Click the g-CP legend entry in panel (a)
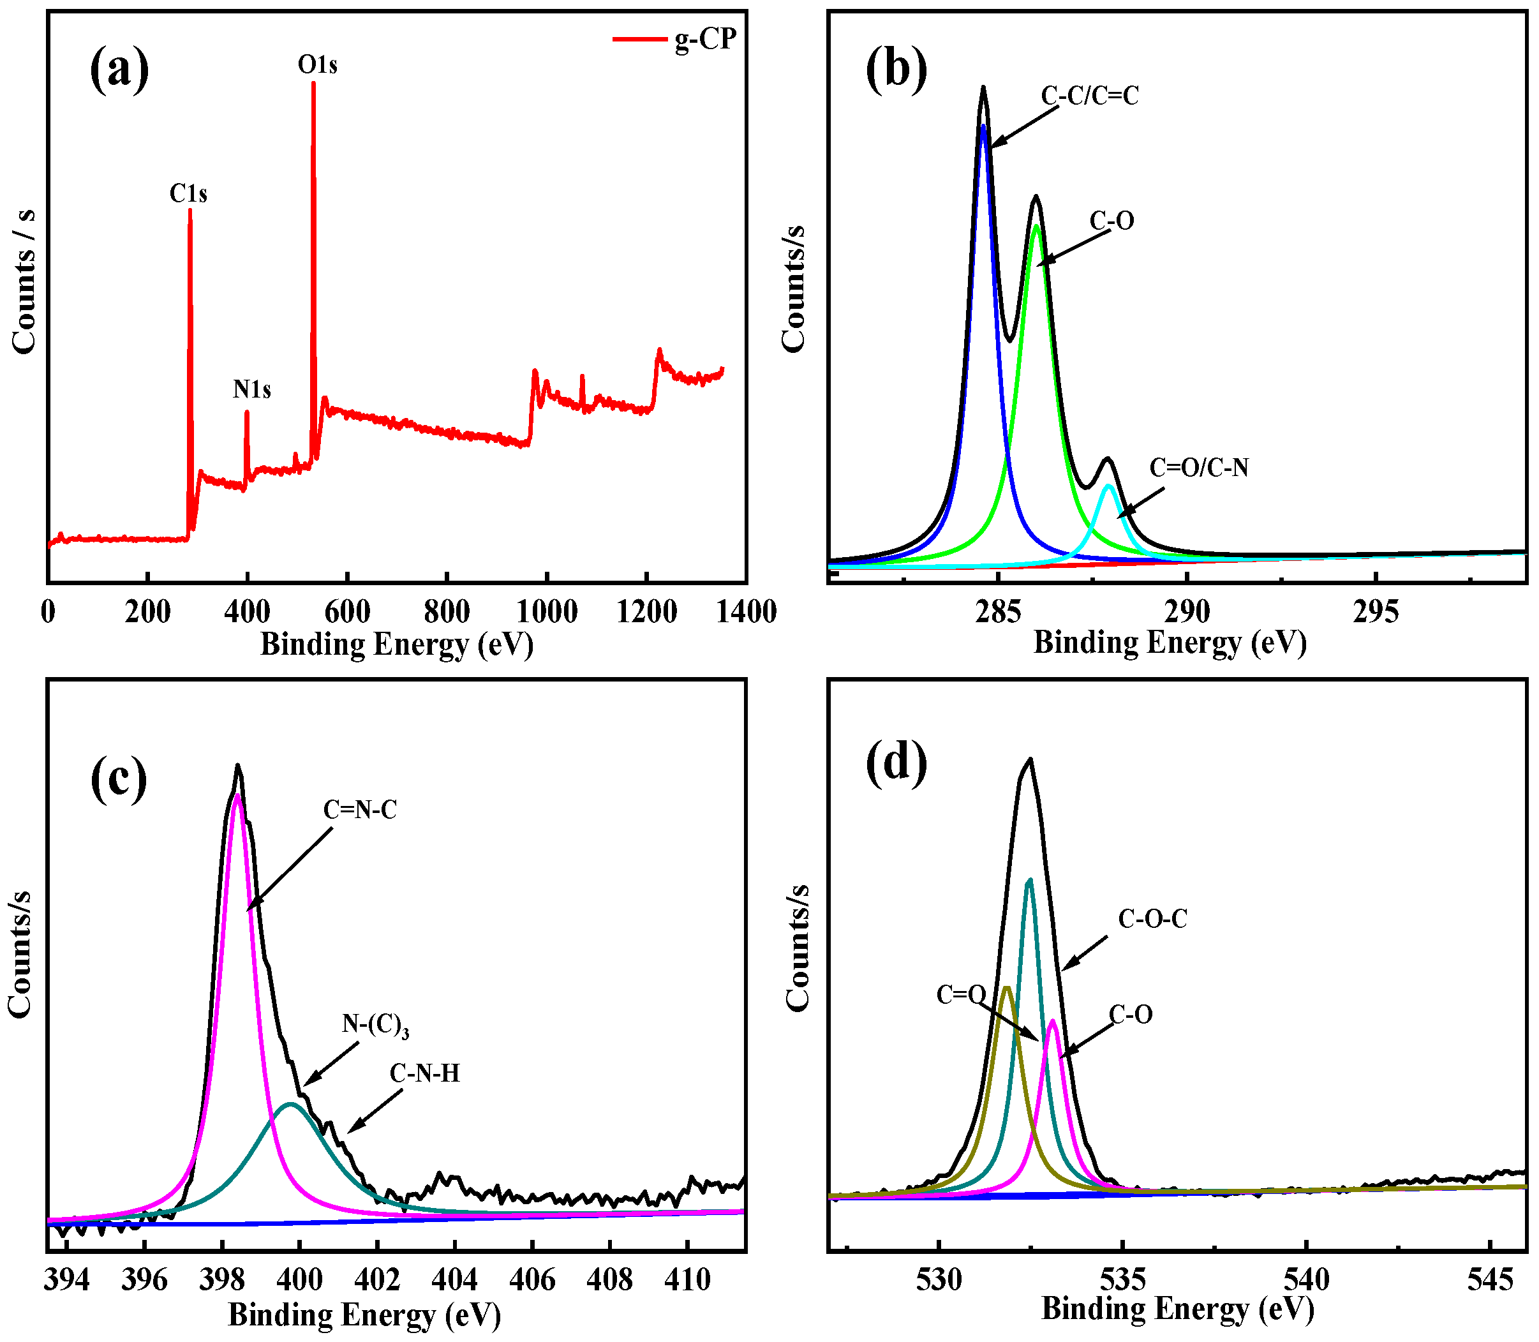coord(704,39)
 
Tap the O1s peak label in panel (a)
coord(318,65)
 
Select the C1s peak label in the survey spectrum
coord(188,194)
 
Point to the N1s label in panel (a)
coord(251,389)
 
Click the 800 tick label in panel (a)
coord(447,612)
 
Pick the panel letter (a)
coord(119,69)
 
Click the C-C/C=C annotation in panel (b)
coord(1090,96)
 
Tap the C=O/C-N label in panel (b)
coord(1199,468)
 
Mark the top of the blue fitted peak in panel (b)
coord(983,126)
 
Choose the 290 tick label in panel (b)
coord(1187,612)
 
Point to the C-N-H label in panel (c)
coord(425,1074)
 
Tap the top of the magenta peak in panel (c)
coord(237,795)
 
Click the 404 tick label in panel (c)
coord(454,1280)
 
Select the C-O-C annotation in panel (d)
coord(1152,919)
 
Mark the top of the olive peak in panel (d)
coord(1006,988)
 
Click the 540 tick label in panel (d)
coord(1307,1280)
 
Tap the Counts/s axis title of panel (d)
coord(798,948)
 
